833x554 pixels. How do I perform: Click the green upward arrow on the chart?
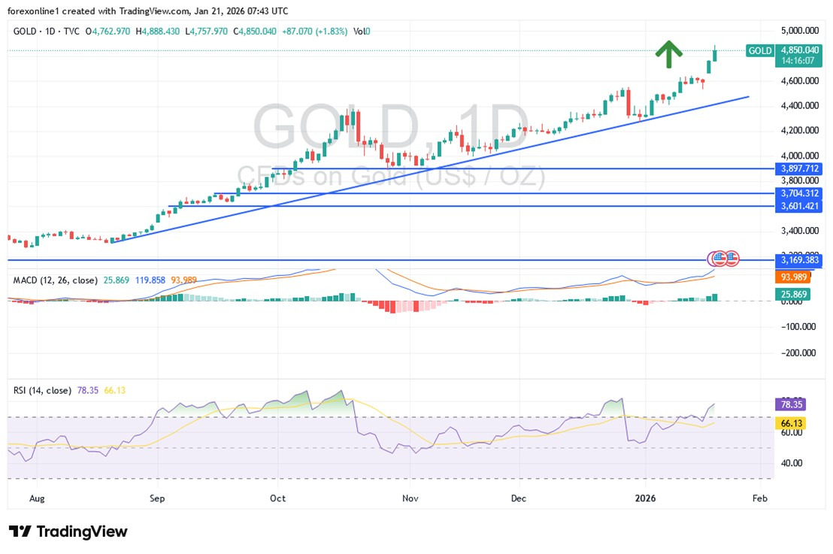[668, 52]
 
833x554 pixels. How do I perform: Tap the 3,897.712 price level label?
[799, 168]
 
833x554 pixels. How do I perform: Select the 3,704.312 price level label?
[799, 193]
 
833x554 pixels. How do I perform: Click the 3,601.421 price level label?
[799, 205]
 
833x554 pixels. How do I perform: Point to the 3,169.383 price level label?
[799, 260]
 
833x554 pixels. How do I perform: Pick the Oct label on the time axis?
[277, 498]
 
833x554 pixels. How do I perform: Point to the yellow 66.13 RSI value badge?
[789, 422]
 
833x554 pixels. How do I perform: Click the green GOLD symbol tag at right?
[759, 50]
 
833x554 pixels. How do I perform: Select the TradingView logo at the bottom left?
[68, 531]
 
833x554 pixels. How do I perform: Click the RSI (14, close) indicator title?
[42, 390]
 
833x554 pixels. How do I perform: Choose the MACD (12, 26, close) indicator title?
[55, 280]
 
